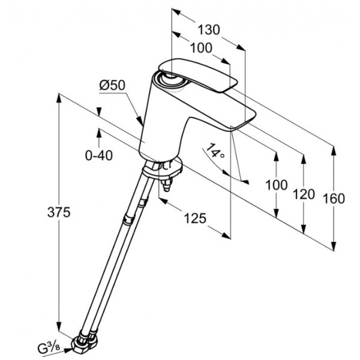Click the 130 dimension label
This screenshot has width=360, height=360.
pyautogui.click(x=209, y=29)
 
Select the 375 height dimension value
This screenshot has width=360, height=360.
pyautogui.click(x=59, y=212)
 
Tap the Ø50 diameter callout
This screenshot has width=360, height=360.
pyautogui.click(x=112, y=85)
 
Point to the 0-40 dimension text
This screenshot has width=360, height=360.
pyautogui.click(x=99, y=155)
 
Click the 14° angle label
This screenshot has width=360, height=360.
pyautogui.click(x=215, y=151)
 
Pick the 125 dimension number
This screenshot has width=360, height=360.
pyautogui.click(x=195, y=218)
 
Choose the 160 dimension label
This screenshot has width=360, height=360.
pyautogui.click(x=334, y=199)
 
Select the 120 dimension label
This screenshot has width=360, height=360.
pyautogui.click(x=304, y=194)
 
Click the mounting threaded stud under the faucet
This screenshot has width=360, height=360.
pyautogui.click(x=167, y=184)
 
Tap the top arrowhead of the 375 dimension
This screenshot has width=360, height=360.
pyautogui.click(x=59, y=98)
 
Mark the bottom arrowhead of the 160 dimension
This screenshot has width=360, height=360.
pyautogui.click(x=334, y=245)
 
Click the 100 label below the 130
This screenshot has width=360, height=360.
pyautogui.click(x=201, y=48)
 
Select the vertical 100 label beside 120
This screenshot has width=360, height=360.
pyautogui.click(x=277, y=185)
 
